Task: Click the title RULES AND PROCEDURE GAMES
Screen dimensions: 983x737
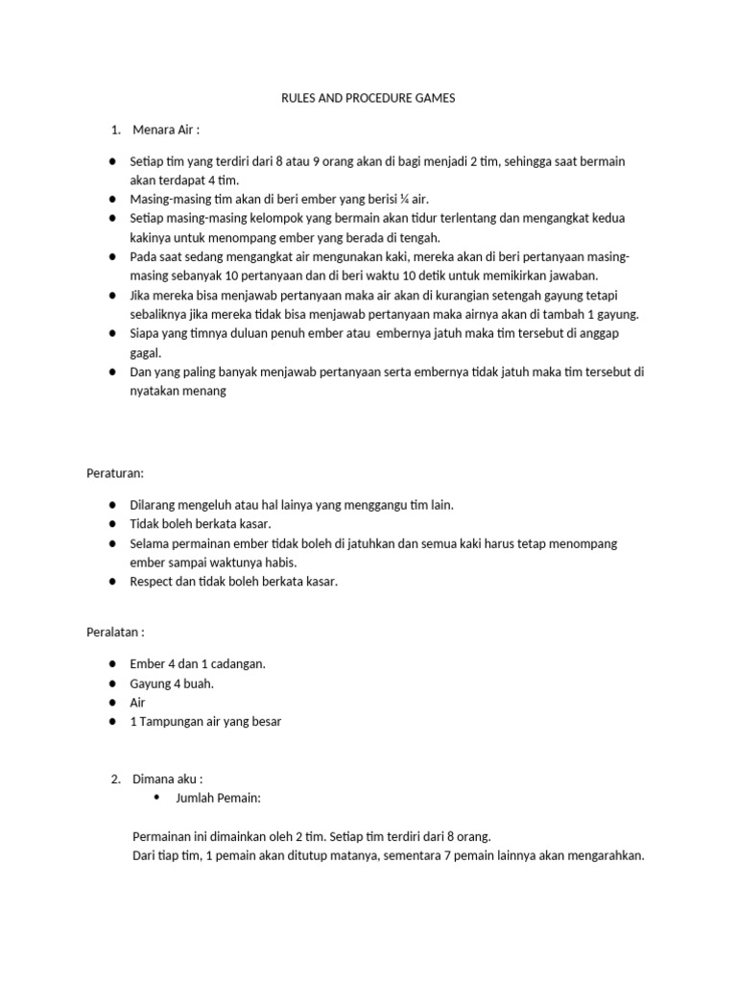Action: [368, 97]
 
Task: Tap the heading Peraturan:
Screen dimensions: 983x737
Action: [115, 472]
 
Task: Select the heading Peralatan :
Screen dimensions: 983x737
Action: [116, 632]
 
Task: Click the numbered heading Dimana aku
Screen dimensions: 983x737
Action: [168, 779]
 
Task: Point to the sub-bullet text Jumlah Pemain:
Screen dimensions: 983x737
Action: [219, 798]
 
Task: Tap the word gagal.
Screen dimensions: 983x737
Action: [146, 353]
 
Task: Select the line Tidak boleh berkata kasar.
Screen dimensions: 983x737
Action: [201, 523]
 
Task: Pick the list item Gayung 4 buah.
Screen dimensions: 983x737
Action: [172, 683]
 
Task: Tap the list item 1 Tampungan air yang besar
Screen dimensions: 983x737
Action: [205, 721]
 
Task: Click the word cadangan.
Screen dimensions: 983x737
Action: [236, 663]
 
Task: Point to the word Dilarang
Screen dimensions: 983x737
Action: [154, 504]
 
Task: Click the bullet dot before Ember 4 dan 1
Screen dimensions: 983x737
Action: [112, 663]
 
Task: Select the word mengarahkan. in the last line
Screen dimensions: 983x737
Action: [606, 855]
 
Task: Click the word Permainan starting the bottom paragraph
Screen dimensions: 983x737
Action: [164, 836]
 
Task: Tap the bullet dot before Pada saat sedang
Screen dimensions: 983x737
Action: [112, 257]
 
